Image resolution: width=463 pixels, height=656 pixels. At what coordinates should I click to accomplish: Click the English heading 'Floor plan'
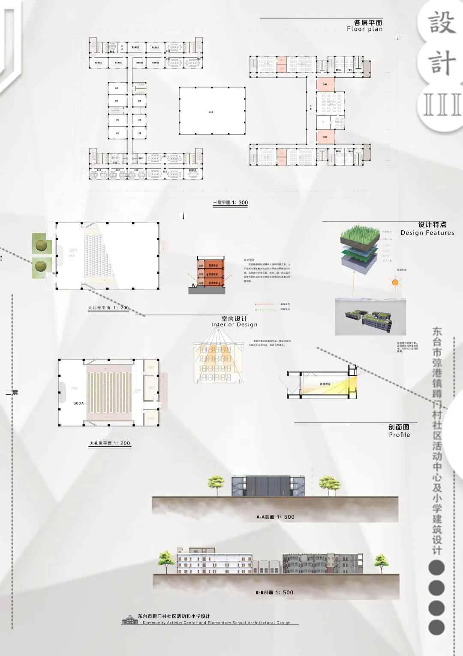[364, 29]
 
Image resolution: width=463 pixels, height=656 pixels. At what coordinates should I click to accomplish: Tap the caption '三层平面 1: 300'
[230, 203]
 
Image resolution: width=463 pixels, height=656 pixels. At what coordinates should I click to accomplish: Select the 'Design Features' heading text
[427, 233]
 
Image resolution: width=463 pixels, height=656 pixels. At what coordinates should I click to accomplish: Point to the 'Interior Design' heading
[234, 325]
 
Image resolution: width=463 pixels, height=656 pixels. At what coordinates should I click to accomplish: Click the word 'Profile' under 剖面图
[399, 435]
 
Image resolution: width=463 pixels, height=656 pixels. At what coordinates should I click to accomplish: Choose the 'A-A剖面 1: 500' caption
[275, 517]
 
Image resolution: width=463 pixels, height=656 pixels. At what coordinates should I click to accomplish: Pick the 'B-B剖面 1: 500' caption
[274, 593]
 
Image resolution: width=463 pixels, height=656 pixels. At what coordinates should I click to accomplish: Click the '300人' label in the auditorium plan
[78, 403]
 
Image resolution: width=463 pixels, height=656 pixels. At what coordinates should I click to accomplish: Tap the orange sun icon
[395, 283]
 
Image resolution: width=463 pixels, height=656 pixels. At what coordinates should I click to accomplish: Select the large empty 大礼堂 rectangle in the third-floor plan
[212, 111]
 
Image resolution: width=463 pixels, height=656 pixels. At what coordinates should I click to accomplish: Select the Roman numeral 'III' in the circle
[442, 105]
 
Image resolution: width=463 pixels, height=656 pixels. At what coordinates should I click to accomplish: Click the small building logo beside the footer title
[130, 620]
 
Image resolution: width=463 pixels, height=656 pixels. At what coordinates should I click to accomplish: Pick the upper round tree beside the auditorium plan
[42, 245]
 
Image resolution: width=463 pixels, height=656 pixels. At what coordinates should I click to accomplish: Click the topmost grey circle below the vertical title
[436, 568]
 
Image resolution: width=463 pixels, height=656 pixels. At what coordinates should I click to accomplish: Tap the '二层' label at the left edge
[12, 393]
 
